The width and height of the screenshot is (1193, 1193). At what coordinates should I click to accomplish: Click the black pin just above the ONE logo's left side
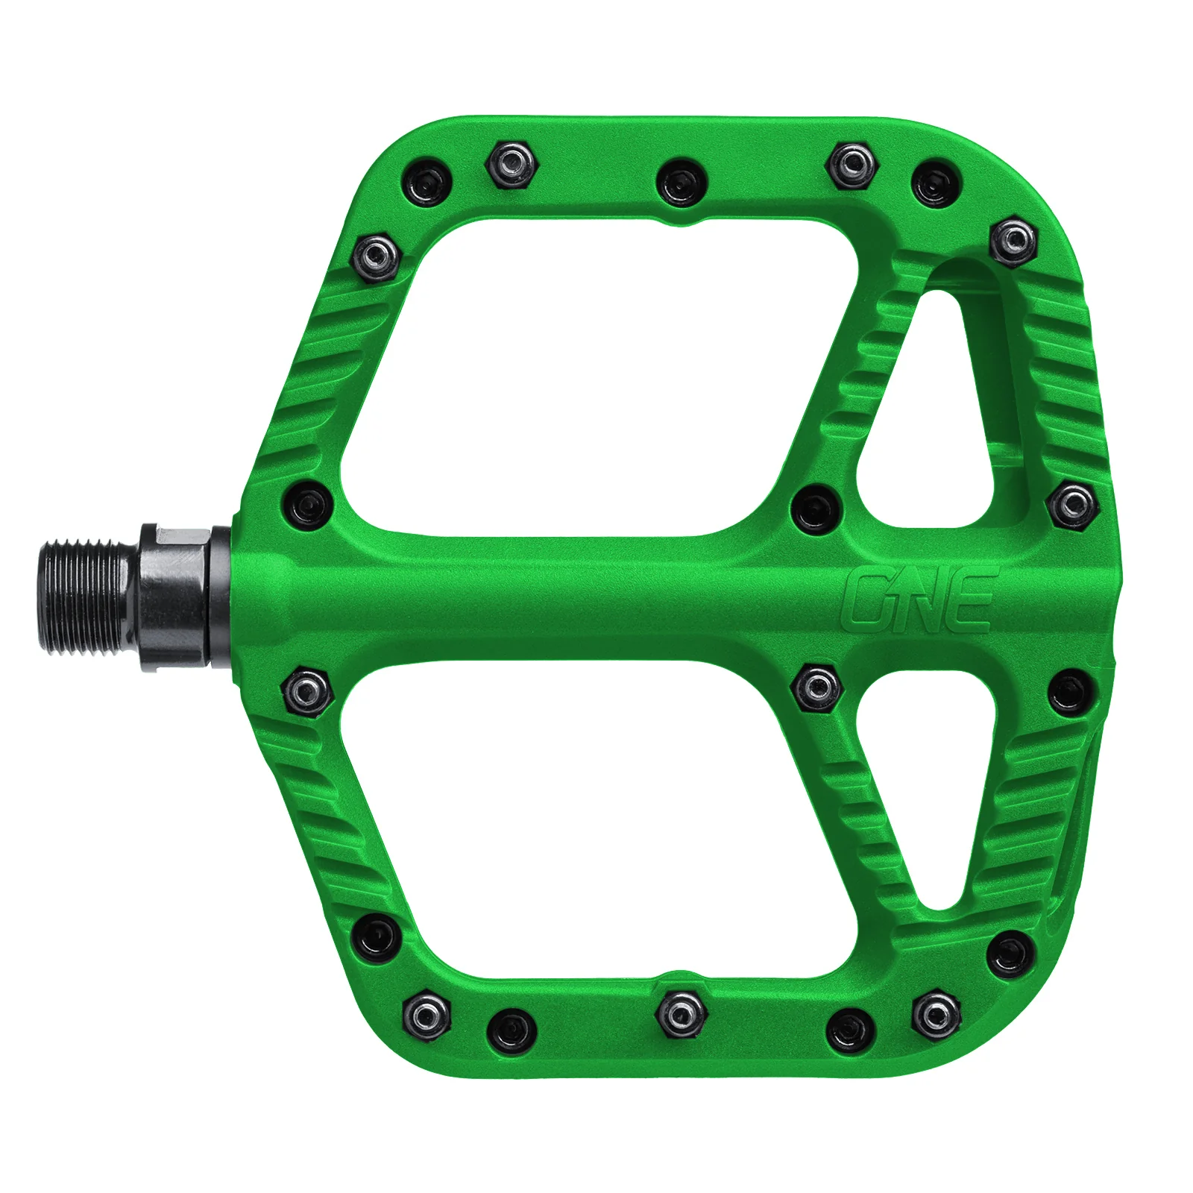[x=816, y=509]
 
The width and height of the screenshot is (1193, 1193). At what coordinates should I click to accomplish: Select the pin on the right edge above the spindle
[x=1074, y=506]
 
